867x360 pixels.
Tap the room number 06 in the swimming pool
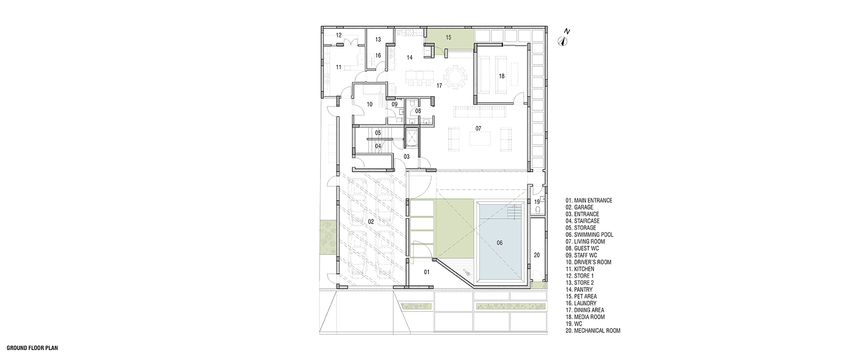click(x=499, y=243)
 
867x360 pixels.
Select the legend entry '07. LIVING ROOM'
click(x=585, y=242)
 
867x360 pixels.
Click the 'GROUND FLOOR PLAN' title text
click(x=32, y=348)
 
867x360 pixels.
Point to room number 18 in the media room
click(x=501, y=76)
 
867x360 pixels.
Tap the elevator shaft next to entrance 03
click(x=411, y=138)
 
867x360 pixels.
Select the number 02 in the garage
click(x=371, y=222)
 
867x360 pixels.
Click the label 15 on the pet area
click(x=448, y=37)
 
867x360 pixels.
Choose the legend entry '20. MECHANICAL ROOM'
click(x=593, y=331)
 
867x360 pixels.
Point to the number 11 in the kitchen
click(x=339, y=67)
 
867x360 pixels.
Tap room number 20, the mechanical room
click(x=536, y=254)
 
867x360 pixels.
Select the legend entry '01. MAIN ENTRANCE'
click(x=589, y=201)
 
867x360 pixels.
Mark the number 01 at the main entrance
click(x=427, y=272)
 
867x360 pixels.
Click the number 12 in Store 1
click(x=339, y=35)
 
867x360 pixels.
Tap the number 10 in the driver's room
click(x=370, y=104)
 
